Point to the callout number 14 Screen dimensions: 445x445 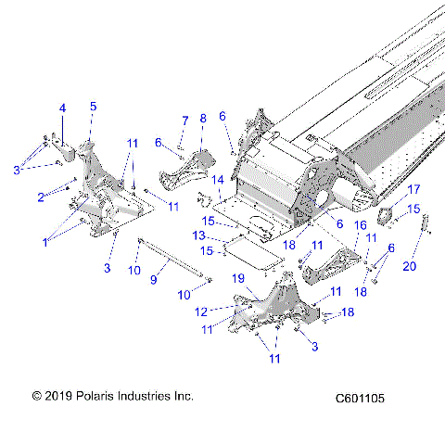(218, 179)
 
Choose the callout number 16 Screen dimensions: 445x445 (361, 225)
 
